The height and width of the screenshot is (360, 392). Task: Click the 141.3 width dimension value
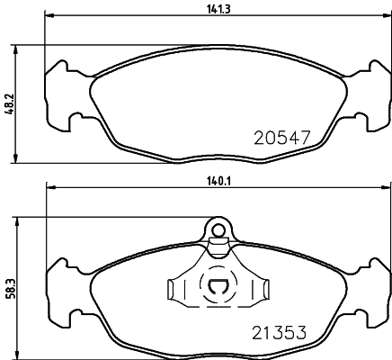click(x=218, y=9)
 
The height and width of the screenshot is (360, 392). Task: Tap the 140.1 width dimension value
click(x=218, y=181)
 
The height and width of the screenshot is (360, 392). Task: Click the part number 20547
click(x=281, y=138)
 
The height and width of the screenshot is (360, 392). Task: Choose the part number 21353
click(x=280, y=333)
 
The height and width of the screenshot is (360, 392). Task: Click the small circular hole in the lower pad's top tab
click(x=218, y=230)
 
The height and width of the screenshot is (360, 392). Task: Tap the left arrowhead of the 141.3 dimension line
click(x=49, y=15)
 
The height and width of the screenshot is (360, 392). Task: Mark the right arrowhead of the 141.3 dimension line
click(x=387, y=15)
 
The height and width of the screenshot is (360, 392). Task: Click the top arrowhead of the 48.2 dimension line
click(x=15, y=50)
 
